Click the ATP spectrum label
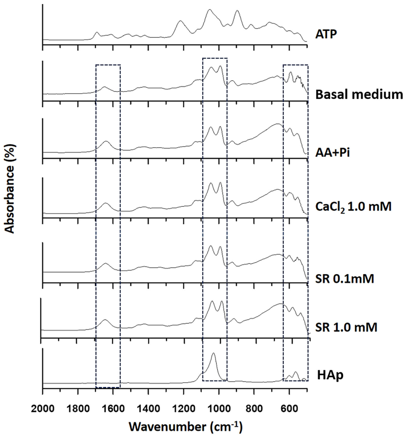coord(326,34)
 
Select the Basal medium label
coord(359,95)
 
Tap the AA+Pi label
coord(333,153)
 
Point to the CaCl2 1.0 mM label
coord(353,206)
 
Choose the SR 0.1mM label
coord(344,279)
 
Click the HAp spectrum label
coord(330,375)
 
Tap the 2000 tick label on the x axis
coord(43,409)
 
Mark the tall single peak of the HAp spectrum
coord(213,353)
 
